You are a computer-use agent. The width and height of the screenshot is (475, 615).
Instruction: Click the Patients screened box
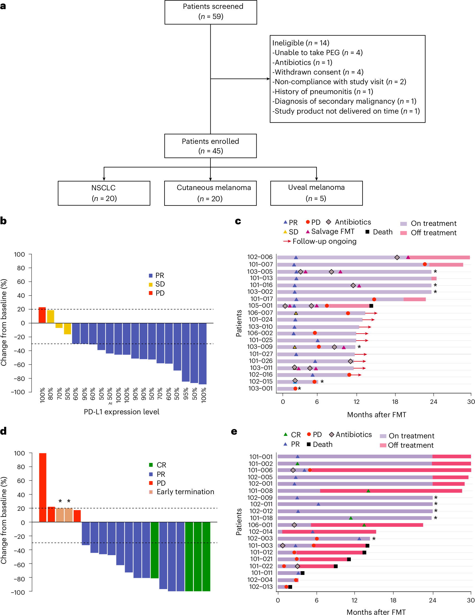tap(211, 12)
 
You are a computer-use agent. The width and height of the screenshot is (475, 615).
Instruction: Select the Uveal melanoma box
tap(316, 193)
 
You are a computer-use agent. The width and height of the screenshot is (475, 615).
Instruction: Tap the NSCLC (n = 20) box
tap(104, 193)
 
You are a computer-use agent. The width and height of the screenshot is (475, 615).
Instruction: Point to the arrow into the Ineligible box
tap(268, 79)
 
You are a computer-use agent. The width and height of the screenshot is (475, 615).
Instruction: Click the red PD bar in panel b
tap(42, 315)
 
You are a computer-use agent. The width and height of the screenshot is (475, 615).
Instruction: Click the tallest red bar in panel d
tap(43, 488)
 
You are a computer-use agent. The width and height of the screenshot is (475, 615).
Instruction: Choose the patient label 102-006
tap(260, 257)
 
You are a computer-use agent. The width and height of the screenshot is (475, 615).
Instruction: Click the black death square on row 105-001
tap(371, 306)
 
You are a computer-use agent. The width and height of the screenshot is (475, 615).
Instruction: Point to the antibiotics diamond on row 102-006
tap(397, 257)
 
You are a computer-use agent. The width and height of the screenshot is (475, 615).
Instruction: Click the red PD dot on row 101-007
tap(424, 264)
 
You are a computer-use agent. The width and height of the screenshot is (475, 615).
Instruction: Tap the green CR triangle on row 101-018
tap(350, 518)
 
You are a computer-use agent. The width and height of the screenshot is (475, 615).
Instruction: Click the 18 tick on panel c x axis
tap(395, 402)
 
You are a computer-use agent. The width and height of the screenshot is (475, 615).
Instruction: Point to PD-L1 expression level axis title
tap(121, 412)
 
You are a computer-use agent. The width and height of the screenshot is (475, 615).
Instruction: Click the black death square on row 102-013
tap(290, 587)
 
